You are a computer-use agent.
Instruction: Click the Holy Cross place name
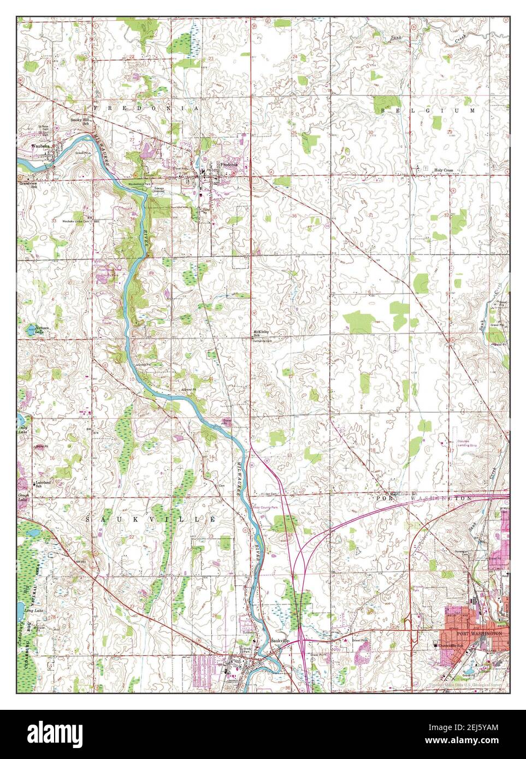(444, 170)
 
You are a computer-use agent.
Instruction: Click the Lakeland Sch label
(43, 484)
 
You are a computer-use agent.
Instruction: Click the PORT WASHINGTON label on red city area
(479, 633)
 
